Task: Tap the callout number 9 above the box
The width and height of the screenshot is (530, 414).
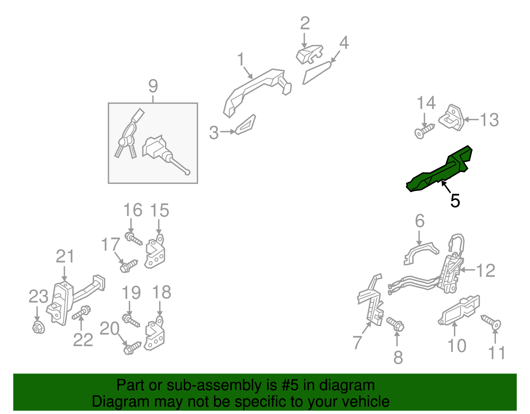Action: pos(153,86)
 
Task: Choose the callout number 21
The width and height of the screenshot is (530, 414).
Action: pos(65,256)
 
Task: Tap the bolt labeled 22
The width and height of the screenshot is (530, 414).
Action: pos(81,313)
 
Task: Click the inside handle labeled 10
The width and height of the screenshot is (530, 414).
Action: pos(458,311)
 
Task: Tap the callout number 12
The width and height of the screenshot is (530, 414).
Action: pos(486,270)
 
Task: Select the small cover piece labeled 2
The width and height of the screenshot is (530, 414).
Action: pos(309,54)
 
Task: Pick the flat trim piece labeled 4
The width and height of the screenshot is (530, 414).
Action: pos(317,73)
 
